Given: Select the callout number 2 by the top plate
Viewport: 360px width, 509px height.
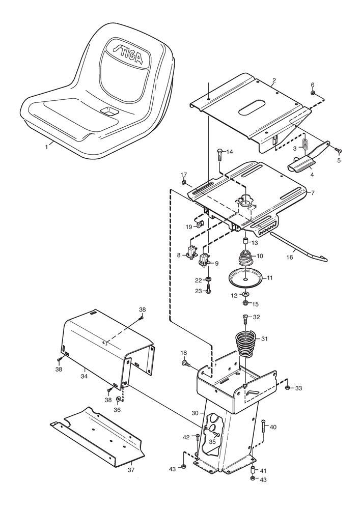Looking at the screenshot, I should point(274,81).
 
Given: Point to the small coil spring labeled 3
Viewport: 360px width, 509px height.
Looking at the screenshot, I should point(307,146).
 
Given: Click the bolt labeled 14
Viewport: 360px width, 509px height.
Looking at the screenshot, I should point(219,153).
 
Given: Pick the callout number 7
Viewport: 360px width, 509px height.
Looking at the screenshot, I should point(313,193).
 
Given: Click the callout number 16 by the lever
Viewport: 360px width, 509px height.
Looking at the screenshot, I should point(289,258).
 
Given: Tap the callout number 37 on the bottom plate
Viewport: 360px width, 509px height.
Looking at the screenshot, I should point(131,470).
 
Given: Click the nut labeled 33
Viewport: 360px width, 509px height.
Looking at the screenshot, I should point(288,388).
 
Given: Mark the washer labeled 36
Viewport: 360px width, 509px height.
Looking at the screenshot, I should point(118,399).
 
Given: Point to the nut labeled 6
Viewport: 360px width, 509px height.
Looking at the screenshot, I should point(313,93).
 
